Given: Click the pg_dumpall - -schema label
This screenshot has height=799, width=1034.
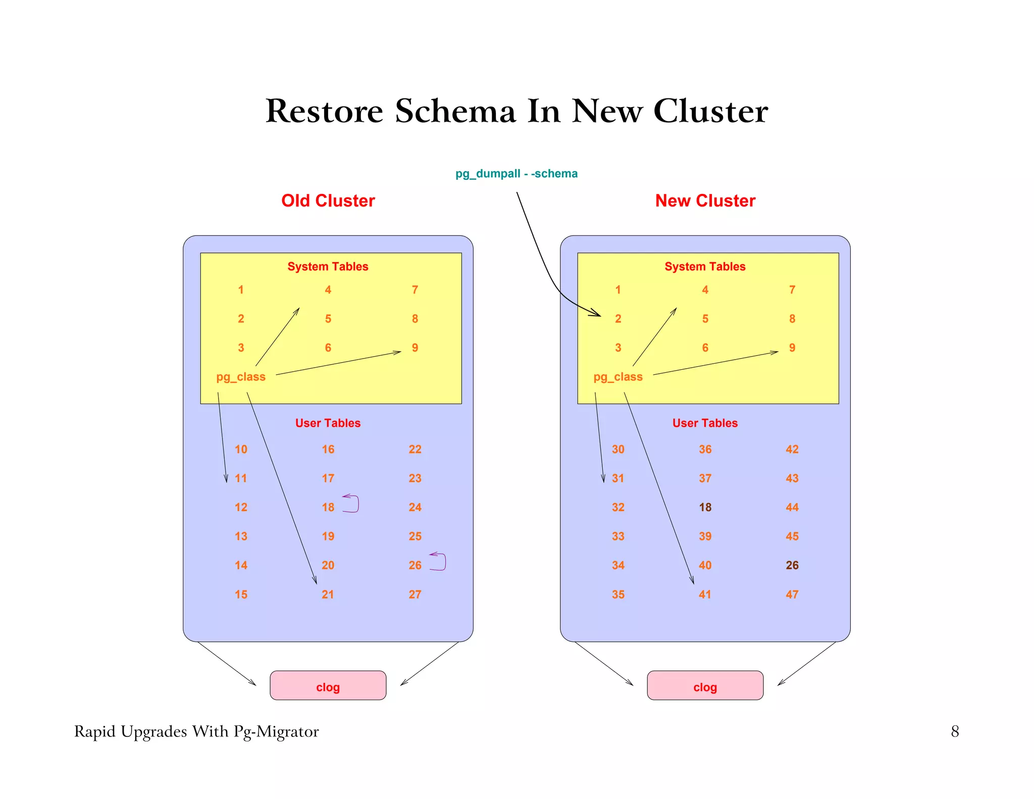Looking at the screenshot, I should click(x=516, y=174).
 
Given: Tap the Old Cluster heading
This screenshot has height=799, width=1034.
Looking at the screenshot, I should click(x=328, y=201).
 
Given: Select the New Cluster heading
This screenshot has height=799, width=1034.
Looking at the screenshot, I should click(x=705, y=201).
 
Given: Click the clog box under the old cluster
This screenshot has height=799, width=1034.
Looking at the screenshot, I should click(x=328, y=685).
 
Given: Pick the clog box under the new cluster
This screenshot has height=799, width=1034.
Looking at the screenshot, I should click(x=705, y=685).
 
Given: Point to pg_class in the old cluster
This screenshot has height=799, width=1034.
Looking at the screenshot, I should click(x=241, y=377).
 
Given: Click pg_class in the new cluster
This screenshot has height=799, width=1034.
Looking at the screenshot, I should click(x=618, y=377).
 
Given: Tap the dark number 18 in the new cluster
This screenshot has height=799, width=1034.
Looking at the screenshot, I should click(x=705, y=507).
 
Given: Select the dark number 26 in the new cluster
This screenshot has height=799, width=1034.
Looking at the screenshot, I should click(x=792, y=565).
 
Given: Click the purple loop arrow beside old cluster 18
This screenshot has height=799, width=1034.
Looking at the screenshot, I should click(x=352, y=504).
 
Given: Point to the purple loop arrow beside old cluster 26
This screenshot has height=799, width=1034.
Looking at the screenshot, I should click(x=439, y=562).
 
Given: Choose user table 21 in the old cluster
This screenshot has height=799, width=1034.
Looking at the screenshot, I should click(x=328, y=594).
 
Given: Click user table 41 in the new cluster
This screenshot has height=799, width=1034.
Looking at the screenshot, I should click(x=705, y=594).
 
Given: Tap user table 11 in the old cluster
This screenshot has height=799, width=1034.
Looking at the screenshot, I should click(x=241, y=478).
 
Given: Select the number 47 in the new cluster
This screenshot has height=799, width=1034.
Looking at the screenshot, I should click(x=792, y=594).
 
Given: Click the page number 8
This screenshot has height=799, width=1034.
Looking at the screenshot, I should click(x=955, y=731).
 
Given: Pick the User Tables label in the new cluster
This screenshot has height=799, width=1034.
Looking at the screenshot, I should click(x=705, y=423).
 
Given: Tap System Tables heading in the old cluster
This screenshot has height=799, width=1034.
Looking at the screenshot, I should click(x=328, y=267).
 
